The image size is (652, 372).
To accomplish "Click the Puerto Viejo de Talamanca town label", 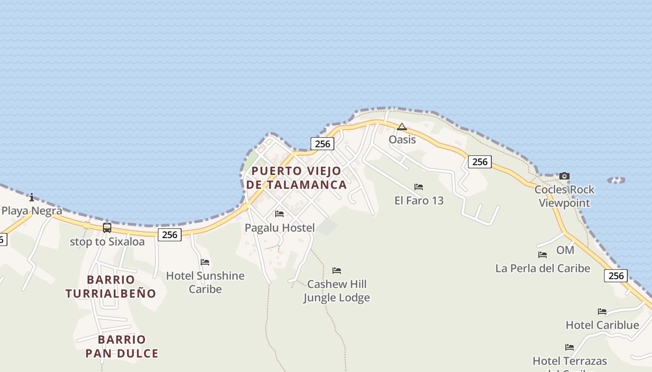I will pyautogui.click(x=296, y=178).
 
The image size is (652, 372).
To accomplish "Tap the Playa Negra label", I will pyautogui.click(x=32, y=211).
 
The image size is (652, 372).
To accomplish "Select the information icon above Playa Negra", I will pyautogui.click(x=32, y=197).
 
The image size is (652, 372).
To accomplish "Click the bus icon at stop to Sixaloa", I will pyautogui.click(x=107, y=228).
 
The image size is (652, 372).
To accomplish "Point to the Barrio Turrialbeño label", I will pyautogui.click(x=110, y=286).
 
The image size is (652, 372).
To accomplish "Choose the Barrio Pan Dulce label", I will pyautogui.click(x=122, y=346).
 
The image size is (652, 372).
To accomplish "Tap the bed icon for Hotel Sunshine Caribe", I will pyautogui.click(x=205, y=262).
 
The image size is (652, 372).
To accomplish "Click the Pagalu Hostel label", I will pyautogui.click(x=280, y=228).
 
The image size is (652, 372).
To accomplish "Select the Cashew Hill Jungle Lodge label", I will pyautogui.click(x=337, y=291).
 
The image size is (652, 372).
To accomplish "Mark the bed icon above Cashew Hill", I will pyautogui.click(x=337, y=270).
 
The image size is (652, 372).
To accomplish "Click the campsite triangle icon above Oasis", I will pyautogui.click(x=402, y=126).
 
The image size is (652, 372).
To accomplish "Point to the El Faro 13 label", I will pyautogui.click(x=419, y=200).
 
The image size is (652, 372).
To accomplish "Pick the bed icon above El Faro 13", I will pyautogui.click(x=419, y=187).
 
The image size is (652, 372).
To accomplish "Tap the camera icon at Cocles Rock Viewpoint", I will pyautogui.click(x=564, y=176).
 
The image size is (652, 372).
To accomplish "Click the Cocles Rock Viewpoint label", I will pyautogui.click(x=564, y=196).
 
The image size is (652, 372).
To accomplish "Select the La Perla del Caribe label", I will pyautogui.click(x=543, y=268).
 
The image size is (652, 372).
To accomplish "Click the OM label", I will pyautogui.click(x=565, y=250).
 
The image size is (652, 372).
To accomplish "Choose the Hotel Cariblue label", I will pyautogui.click(x=602, y=325).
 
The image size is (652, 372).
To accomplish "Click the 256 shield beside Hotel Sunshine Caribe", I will pyautogui.click(x=170, y=235).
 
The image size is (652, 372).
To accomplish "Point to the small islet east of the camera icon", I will pyautogui.click(x=616, y=180).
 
